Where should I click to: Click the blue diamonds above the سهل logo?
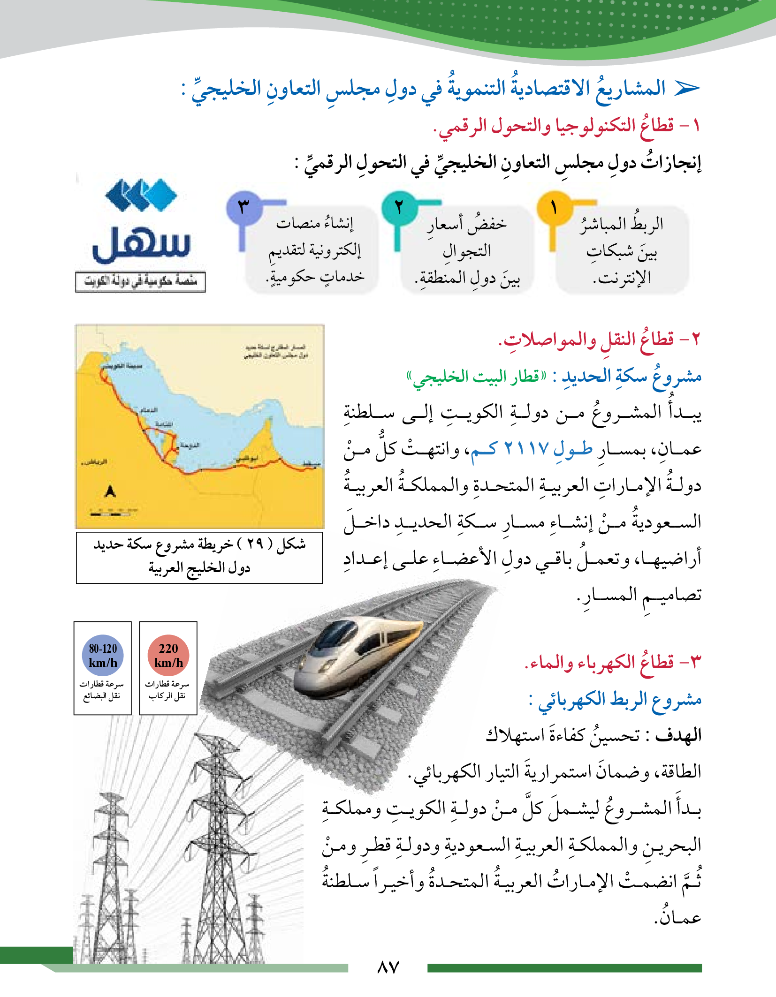pyautogui.click(x=141, y=195)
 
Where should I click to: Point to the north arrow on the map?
pyautogui.click(x=110, y=491)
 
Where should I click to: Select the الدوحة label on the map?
pyautogui.click(x=190, y=445)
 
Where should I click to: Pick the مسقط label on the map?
pyautogui.click(x=311, y=464)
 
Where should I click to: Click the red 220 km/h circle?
pyautogui.click(x=168, y=655)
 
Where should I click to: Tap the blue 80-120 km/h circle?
pyautogui.click(x=103, y=655)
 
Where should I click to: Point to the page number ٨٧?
pyautogui.click(x=388, y=967)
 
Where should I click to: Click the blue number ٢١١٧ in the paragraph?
pyautogui.click(x=526, y=448)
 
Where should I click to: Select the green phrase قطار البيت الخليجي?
pyautogui.click(x=476, y=376)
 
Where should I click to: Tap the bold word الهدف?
pyautogui.click(x=678, y=735)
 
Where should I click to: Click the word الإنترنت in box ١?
pyautogui.click(x=622, y=278)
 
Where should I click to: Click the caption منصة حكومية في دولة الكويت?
pyautogui.click(x=140, y=281)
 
